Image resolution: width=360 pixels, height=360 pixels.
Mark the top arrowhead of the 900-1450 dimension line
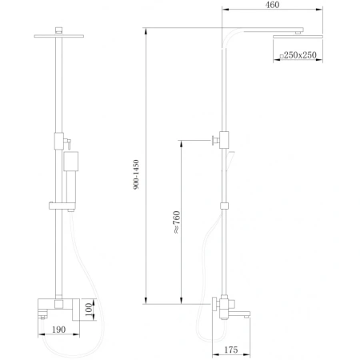pyautogui.click(x=147, y=32)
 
